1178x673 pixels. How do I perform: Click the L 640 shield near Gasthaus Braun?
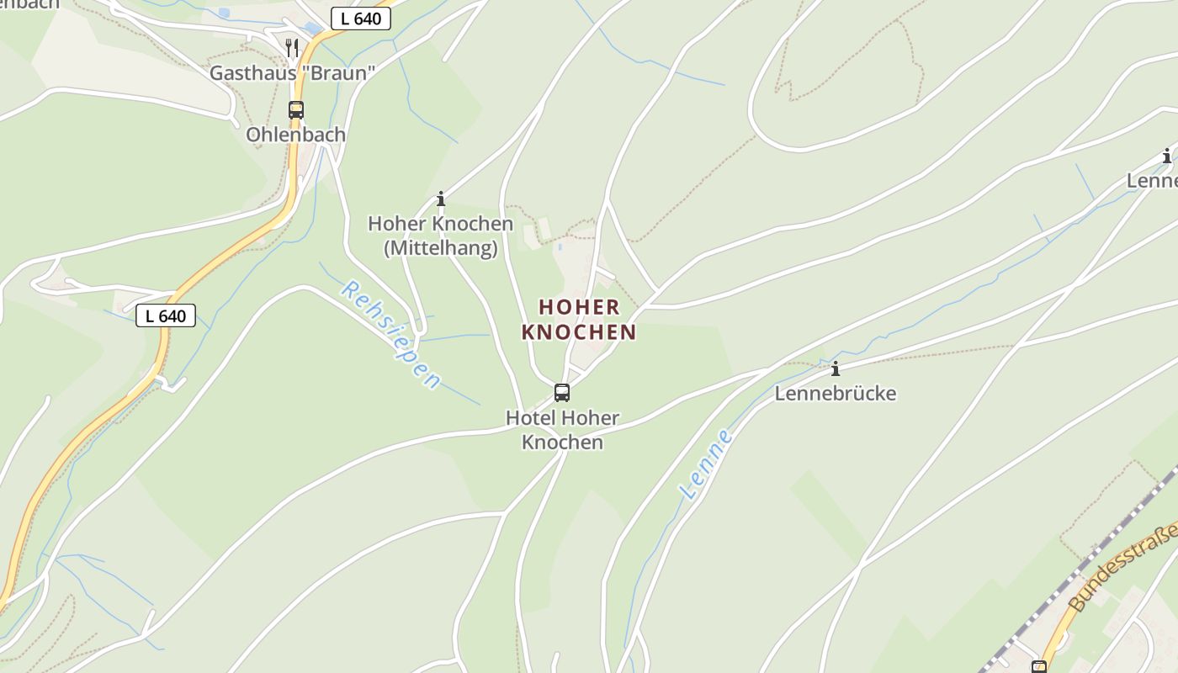tap(361, 19)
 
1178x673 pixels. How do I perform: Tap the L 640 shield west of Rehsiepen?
tap(166, 315)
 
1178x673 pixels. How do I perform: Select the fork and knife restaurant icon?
tap(292, 47)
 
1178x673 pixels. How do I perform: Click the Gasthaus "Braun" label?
tap(290, 73)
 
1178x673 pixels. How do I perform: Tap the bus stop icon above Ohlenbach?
tap(295, 109)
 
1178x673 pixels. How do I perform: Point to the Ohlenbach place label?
tap(295, 135)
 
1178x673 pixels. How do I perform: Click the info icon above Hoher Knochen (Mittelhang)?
tap(440, 199)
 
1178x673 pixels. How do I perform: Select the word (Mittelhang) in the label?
tap(440, 249)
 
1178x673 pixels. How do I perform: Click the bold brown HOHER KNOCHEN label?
tap(579, 320)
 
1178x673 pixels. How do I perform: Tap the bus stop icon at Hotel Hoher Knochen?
tap(561, 392)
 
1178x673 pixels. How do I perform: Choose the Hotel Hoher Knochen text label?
tap(562, 430)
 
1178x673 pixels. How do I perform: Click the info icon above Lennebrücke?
tap(836, 368)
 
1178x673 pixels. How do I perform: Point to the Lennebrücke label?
tap(836, 394)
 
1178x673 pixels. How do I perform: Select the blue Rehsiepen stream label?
tap(390, 335)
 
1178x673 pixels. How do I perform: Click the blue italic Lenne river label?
tap(708, 464)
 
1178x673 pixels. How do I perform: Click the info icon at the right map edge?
tap(1167, 156)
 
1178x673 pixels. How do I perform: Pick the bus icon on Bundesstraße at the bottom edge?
tap(1039, 667)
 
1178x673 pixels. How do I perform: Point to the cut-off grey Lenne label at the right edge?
tap(1152, 181)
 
